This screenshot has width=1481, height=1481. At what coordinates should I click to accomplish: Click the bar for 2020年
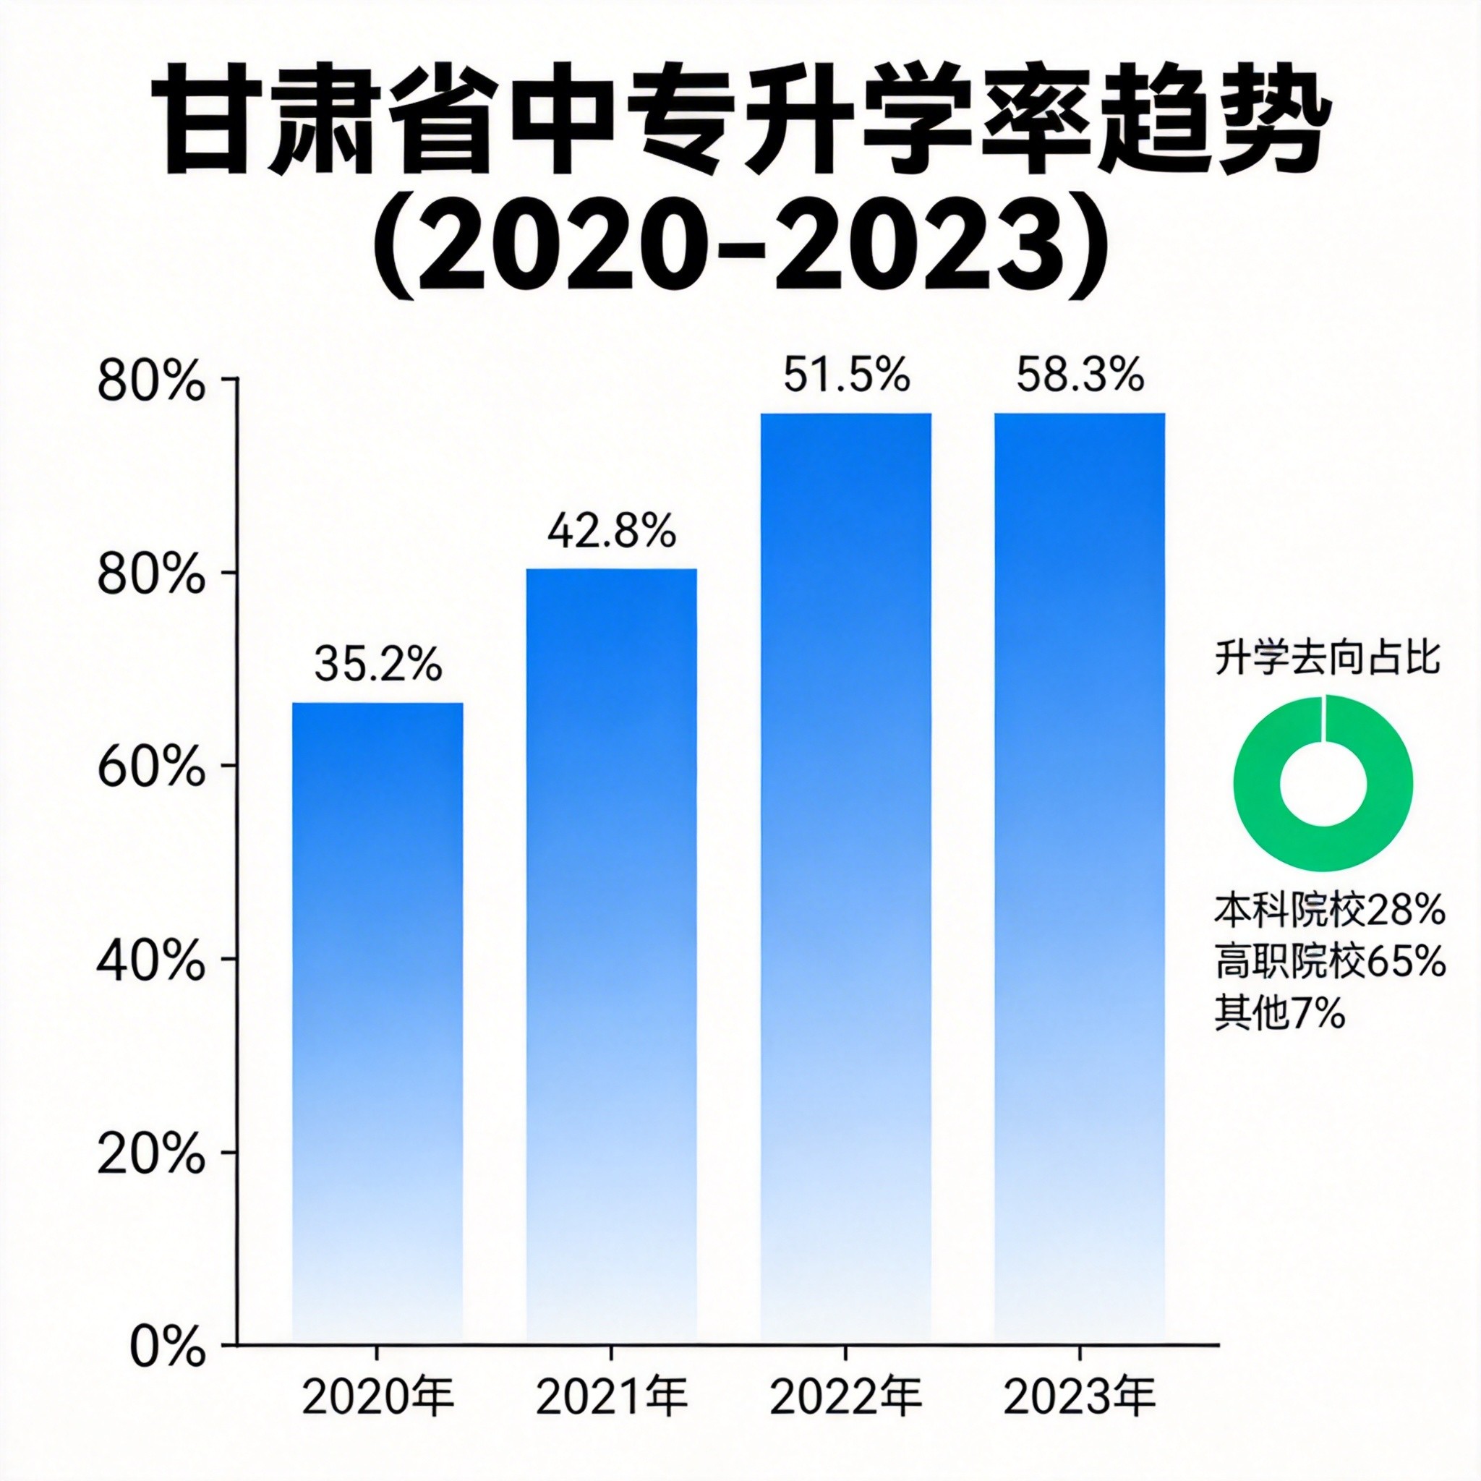coord(377,989)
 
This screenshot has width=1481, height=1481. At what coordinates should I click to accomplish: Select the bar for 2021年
coord(611,920)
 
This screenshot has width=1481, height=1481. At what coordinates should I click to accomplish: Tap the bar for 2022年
coord(845,843)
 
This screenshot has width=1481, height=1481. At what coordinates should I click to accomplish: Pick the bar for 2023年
coord(1080,843)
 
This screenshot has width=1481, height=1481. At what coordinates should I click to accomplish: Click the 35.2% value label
coord(378,664)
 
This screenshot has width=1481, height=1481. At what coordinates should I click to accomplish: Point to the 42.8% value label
coord(611,532)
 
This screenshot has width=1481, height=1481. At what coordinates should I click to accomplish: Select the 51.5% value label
coord(846,375)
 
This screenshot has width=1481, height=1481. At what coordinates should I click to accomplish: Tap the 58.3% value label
coord(1080,375)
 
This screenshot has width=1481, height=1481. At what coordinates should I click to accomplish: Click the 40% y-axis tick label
coord(151,961)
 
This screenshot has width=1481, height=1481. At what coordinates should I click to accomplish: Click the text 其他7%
coord(1280,1013)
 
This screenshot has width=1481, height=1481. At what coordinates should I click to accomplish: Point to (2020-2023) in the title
coord(740,249)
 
